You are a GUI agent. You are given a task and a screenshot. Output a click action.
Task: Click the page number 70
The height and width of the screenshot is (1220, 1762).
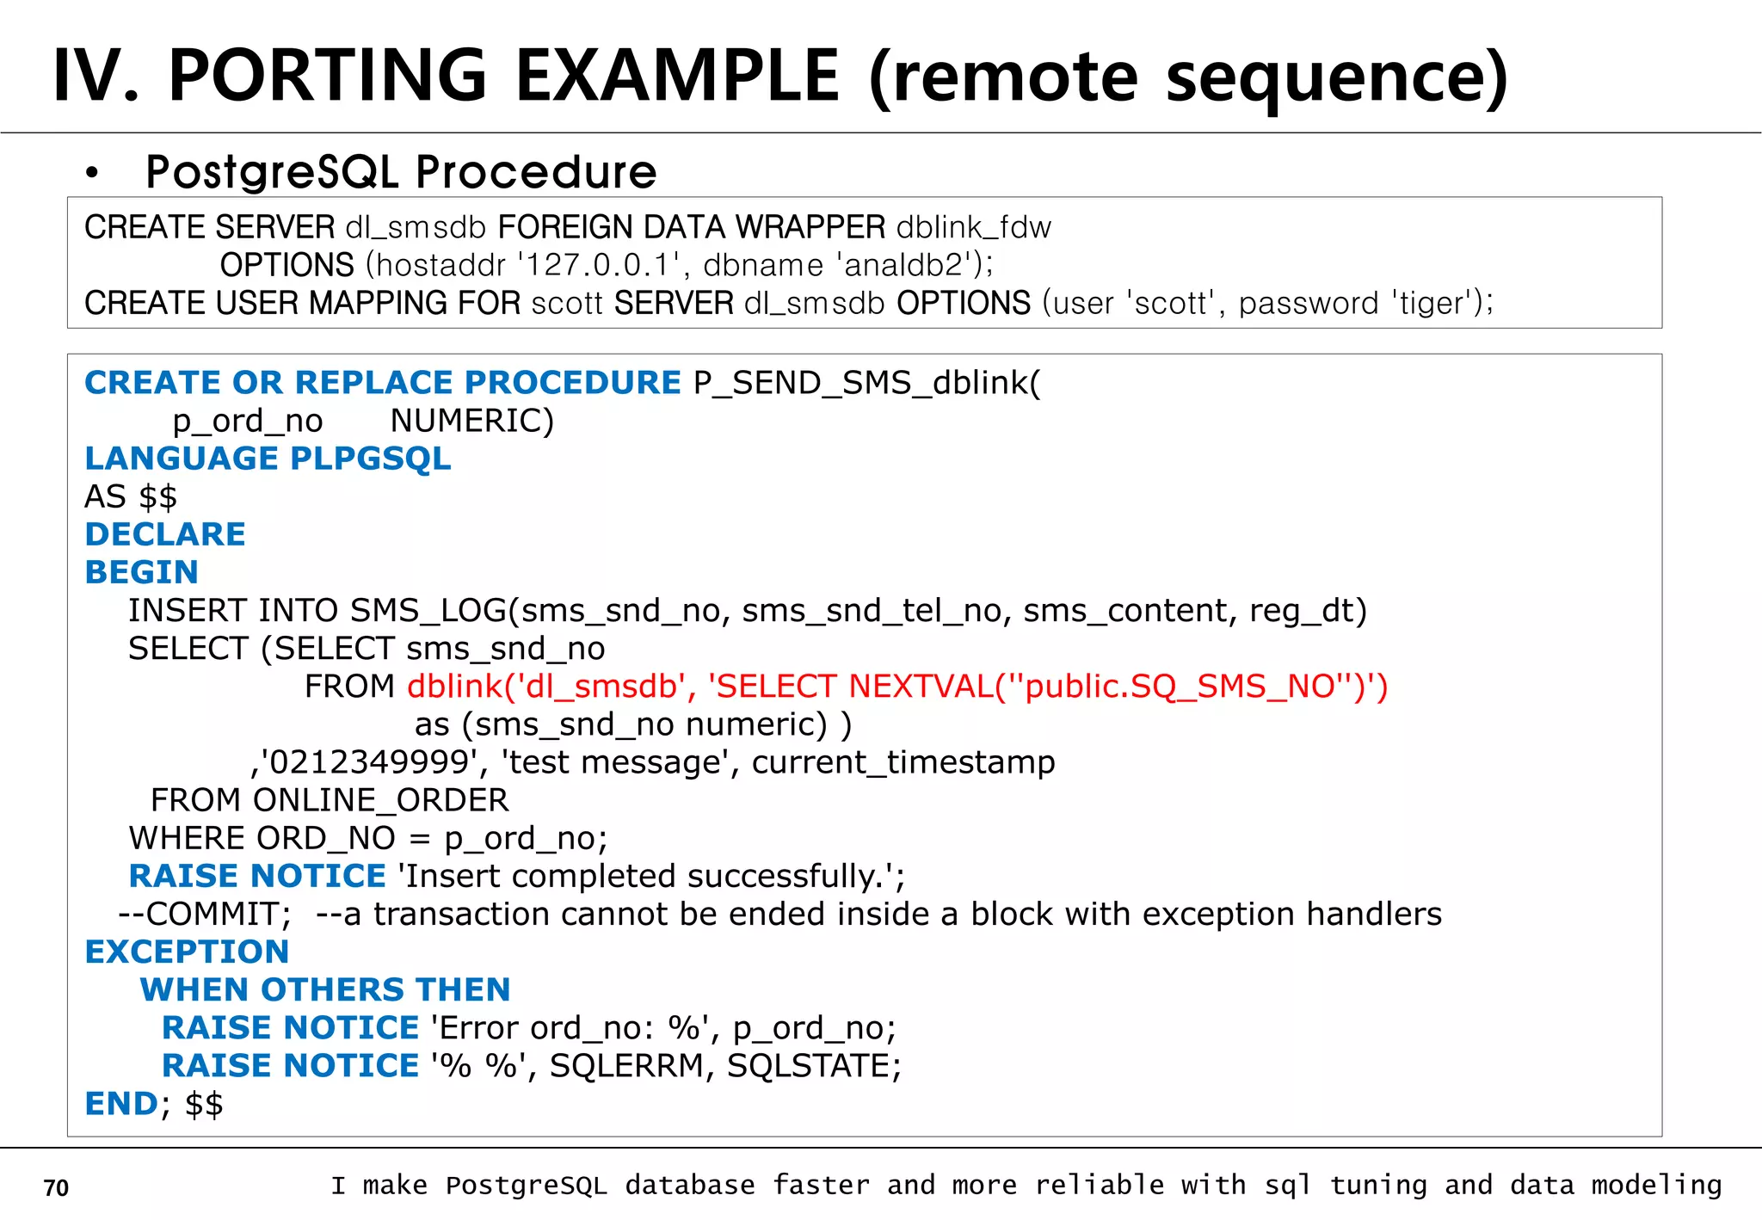click(56, 1188)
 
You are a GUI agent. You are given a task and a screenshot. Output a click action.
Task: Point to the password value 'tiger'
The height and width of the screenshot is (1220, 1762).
click(1434, 303)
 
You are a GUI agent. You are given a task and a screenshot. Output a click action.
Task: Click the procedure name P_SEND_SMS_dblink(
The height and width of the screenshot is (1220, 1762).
click(866, 383)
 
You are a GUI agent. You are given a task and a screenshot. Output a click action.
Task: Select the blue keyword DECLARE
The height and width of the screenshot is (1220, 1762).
click(165, 534)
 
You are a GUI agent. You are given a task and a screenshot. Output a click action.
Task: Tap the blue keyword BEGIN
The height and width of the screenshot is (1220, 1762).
click(142, 572)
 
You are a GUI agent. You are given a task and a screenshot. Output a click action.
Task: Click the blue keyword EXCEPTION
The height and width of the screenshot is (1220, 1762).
click(187, 952)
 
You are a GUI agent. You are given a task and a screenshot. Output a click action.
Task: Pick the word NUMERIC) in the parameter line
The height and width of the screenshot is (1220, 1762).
click(472, 421)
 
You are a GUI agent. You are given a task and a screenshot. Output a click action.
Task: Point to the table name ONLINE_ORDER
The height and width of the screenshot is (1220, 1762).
click(380, 800)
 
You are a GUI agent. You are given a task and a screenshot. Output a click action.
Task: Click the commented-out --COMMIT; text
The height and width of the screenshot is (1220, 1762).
click(205, 914)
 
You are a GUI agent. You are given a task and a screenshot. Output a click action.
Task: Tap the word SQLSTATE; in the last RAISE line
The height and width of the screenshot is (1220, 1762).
click(814, 1066)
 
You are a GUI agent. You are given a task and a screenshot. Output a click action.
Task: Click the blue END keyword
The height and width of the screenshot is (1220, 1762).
click(120, 1104)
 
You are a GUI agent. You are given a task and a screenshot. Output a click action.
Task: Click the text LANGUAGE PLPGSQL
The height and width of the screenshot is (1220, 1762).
click(268, 459)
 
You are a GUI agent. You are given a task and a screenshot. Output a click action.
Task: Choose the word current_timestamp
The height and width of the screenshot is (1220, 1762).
click(903, 762)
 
